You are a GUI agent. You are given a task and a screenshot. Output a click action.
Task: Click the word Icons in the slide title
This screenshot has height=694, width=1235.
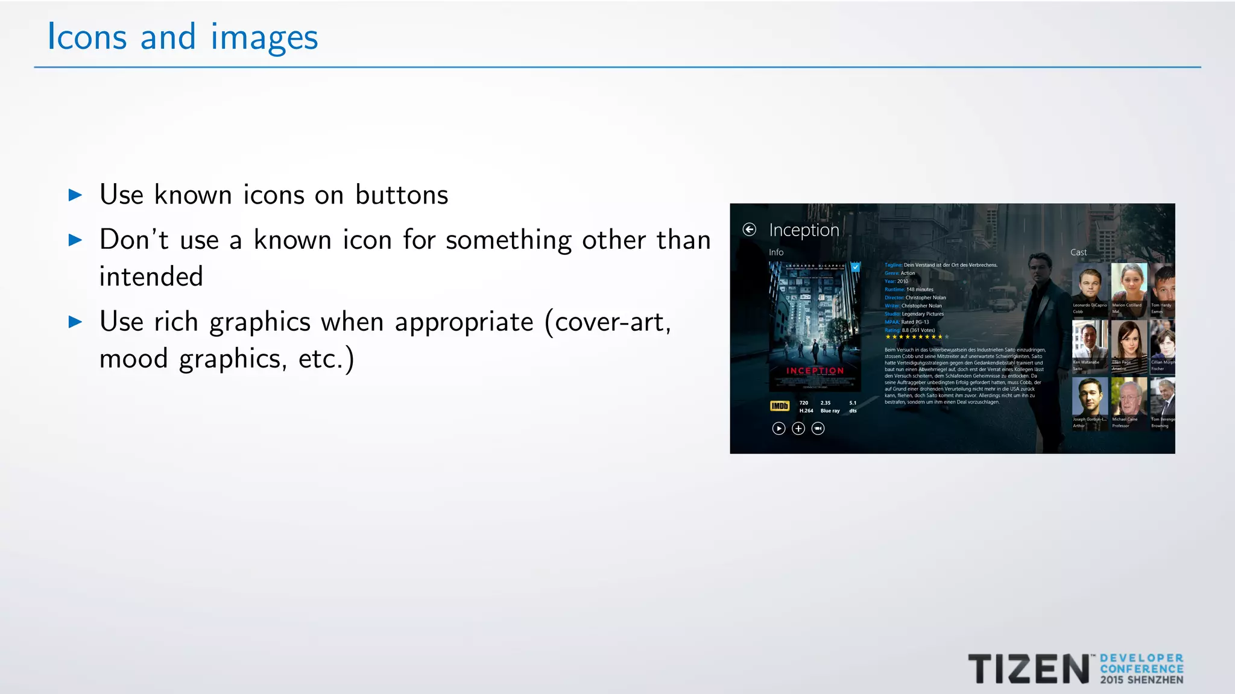tap(87, 37)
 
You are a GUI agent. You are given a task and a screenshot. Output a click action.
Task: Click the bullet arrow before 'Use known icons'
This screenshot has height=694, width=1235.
tap(75, 195)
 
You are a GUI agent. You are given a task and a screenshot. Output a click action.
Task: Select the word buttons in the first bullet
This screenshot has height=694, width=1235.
tap(402, 195)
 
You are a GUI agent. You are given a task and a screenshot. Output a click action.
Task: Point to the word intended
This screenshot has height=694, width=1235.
tap(151, 277)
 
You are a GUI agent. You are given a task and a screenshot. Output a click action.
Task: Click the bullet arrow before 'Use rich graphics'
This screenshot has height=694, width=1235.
tap(75, 322)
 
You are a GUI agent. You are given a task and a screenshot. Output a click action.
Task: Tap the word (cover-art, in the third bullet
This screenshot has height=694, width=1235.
tap(608, 322)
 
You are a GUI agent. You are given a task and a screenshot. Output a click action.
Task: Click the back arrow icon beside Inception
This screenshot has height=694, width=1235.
tap(749, 230)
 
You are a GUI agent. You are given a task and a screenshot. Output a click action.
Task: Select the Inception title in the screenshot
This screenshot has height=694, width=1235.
tap(804, 230)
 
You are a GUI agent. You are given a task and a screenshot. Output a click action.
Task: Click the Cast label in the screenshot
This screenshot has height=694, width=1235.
tap(1078, 252)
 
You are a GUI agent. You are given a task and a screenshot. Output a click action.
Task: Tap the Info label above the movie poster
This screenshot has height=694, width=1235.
tap(776, 252)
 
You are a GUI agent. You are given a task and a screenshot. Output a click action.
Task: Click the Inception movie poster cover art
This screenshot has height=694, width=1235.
tap(815, 326)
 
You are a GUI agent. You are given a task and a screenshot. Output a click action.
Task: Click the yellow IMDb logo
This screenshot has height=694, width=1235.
tap(779, 406)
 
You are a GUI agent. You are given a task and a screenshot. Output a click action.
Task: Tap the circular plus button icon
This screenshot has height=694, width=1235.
tap(798, 428)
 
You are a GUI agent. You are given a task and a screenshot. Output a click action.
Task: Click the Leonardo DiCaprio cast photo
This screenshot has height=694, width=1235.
tap(1090, 282)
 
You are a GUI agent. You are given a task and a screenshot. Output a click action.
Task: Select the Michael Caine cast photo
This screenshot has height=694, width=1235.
tap(1128, 396)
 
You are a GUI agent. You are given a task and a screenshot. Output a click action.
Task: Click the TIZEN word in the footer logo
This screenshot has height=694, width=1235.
tap(1028, 669)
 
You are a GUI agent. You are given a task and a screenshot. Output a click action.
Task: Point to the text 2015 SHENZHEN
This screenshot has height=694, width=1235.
tap(1142, 680)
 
